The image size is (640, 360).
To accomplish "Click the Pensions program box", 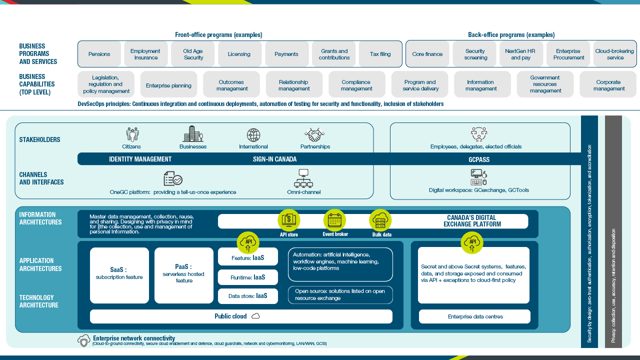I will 99,54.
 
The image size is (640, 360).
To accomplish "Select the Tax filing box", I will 380,54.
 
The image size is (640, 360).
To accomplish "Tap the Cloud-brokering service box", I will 614,54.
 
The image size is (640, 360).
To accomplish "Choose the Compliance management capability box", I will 356,85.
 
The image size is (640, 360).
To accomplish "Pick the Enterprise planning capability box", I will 168,85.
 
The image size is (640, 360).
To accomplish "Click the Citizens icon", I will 132,134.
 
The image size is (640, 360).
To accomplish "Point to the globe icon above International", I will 253,135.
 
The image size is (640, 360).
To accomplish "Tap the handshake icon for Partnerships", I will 315,134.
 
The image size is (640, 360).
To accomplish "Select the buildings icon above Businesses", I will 193,133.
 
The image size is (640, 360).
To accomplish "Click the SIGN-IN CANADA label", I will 274,159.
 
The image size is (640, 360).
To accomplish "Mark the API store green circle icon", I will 289,220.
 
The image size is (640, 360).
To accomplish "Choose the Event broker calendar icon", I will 334,220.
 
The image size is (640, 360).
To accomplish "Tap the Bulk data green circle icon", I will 380,220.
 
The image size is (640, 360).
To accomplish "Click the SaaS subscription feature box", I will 119,275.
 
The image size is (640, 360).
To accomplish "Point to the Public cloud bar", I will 241,316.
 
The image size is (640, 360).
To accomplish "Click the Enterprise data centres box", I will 474,316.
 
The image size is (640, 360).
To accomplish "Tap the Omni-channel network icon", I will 303,178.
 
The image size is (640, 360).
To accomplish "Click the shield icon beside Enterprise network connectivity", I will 84,340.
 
